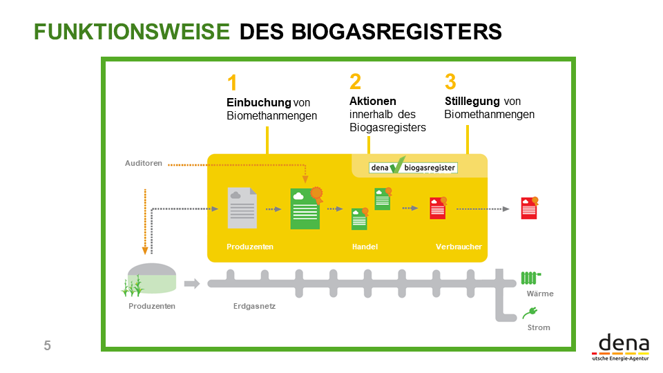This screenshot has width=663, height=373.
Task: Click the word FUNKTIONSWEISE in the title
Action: coord(132,32)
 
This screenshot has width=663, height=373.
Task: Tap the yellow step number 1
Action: coord(232,84)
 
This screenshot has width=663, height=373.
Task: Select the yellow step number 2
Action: coord(355,82)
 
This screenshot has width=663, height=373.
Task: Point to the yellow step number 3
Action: coord(450,82)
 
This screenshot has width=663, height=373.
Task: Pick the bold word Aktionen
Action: coord(373,102)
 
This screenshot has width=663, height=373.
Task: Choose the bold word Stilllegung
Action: coord(472,102)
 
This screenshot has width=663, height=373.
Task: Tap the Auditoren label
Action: coord(144,164)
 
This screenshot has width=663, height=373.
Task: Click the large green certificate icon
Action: coord(305,207)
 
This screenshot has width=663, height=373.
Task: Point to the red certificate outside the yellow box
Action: coord(529,208)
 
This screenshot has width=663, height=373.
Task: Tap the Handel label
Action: coord(365,247)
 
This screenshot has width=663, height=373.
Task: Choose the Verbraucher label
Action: coord(459,247)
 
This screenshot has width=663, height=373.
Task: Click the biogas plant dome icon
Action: coord(151,280)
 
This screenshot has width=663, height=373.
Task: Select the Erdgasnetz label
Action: coord(255,306)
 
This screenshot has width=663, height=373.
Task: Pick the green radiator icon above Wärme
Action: coord(530,278)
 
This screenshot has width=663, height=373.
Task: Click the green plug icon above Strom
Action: coord(530,313)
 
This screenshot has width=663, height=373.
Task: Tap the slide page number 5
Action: coord(47,346)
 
